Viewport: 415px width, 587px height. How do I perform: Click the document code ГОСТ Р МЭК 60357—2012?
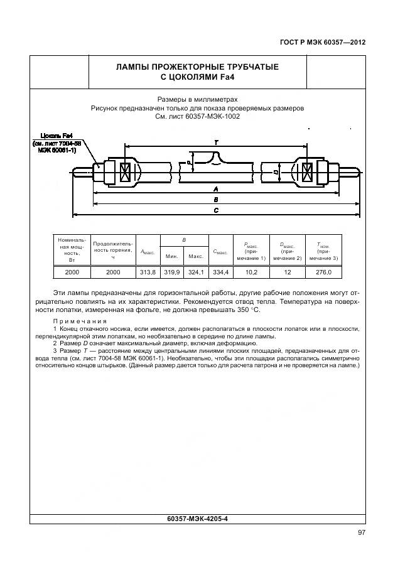coord(322,43)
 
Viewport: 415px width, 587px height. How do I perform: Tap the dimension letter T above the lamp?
coord(216,143)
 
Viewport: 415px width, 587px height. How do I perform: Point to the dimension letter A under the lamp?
coord(216,188)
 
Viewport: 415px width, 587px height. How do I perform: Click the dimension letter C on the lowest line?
coord(216,211)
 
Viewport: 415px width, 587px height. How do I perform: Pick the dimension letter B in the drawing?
coord(216,200)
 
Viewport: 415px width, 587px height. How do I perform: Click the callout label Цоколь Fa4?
coord(57,135)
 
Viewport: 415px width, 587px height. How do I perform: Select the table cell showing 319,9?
coord(172,272)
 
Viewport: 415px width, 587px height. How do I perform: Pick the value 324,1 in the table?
coord(196,272)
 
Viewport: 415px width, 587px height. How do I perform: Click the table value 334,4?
coord(220,272)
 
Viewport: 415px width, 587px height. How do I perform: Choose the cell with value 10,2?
coord(251,272)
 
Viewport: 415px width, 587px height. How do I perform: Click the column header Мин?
coord(172,256)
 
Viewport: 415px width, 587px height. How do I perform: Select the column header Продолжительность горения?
coord(113,249)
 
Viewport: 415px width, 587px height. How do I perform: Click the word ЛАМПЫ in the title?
coord(141,67)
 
